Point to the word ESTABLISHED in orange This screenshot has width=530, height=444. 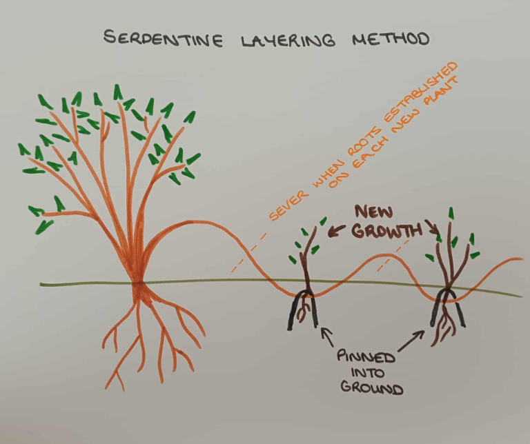pyautogui.click(x=414, y=97)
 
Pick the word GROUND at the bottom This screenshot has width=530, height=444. pyautogui.click(x=369, y=389)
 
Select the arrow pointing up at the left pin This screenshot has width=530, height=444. pyautogui.click(x=327, y=336)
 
